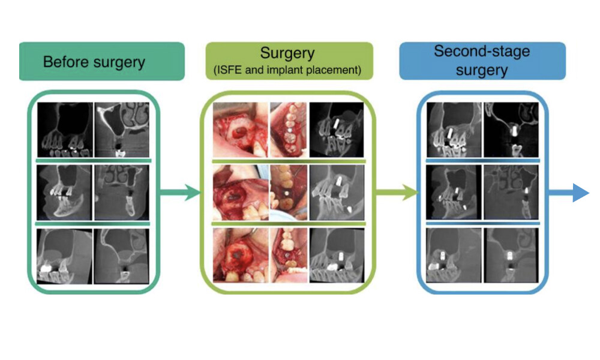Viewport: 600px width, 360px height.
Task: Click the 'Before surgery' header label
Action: [x=94, y=62]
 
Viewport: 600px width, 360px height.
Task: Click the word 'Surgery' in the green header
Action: [x=287, y=54]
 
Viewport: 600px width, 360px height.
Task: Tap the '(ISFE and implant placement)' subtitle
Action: [x=287, y=70]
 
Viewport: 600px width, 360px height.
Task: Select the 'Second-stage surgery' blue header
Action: [x=482, y=61]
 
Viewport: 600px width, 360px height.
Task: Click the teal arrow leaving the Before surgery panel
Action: [x=180, y=193]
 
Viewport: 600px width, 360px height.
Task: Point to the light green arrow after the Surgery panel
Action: [x=396, y=193]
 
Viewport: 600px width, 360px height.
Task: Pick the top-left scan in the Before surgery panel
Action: [x=64, y=129]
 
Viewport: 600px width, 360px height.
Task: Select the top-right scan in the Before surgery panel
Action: [x=122, y=129]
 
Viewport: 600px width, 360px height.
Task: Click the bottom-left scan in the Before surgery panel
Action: [x=64, y=255]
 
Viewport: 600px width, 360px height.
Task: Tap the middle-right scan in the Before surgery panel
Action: [x=122, y=192]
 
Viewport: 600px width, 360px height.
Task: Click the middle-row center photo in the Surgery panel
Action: [x=287, y=192]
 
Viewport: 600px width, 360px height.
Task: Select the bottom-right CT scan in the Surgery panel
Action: [x=336, y=255]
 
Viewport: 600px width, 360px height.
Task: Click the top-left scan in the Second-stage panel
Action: [x=453, y=129]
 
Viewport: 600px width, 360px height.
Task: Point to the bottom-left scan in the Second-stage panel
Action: [x=453, y=255]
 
